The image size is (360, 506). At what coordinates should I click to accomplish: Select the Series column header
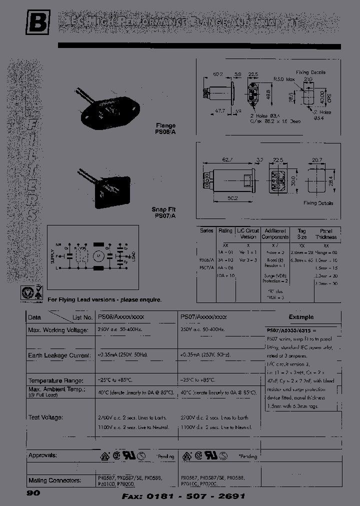[206, 231]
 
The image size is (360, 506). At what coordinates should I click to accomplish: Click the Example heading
[301, 317]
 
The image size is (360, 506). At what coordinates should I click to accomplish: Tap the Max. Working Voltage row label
[58, 330]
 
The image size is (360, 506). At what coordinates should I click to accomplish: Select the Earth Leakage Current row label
[59, 355]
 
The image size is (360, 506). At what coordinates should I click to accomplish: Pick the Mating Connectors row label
[55, 480]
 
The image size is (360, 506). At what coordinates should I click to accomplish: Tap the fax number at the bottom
[183, 496]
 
